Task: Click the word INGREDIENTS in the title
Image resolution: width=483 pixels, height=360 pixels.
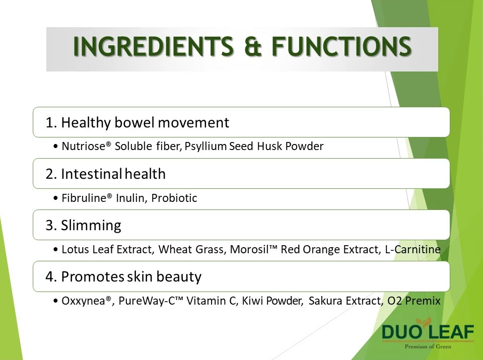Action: (x=154, y=46)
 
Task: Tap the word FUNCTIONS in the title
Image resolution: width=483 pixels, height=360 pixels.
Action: (x=341, y=46)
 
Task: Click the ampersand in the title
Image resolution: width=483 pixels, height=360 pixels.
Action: (x=253, y=46)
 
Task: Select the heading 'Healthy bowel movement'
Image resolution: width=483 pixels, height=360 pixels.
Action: (x=145, y=122)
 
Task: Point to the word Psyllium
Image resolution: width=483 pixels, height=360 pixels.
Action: (x=206, y=147)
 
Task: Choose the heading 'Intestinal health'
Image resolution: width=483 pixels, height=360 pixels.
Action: (x=113, y=174)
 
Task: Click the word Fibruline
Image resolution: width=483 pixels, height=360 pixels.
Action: (x=84, y=198)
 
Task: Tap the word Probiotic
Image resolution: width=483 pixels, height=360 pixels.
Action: (x=174, y=198)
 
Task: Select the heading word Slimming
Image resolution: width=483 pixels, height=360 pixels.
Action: (x=91, y=225)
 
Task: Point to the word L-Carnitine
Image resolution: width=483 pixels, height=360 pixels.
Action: (x=413, y=249)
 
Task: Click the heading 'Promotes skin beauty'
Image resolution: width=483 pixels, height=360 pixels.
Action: (x=131, y=276)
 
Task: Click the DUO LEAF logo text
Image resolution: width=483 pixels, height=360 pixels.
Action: (x=428, y=332)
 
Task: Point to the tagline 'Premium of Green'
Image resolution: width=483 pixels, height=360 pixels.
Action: (x=428, y=346)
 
